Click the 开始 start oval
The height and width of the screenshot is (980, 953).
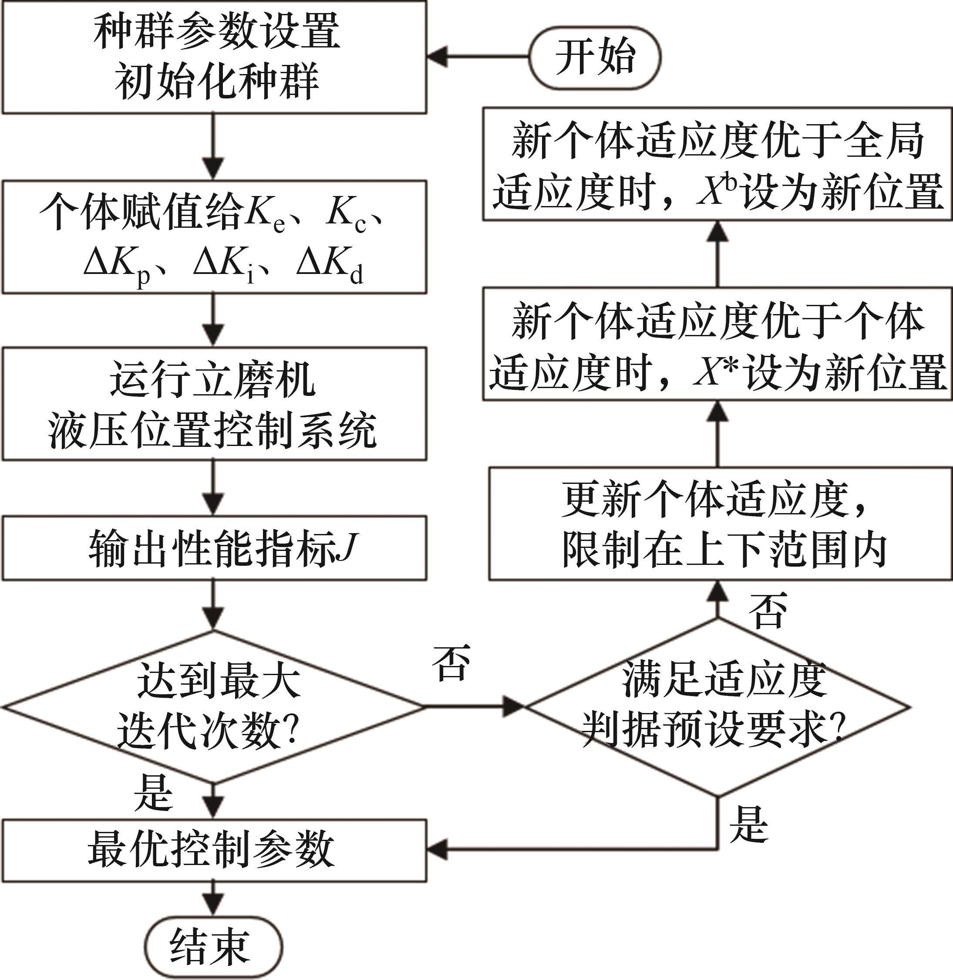(x=595, y=57)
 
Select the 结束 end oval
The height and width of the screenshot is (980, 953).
(x=214, y=948)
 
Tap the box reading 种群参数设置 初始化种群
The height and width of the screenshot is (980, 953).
(x=214, y=57)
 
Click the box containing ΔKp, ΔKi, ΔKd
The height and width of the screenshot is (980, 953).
(x=214, y=237)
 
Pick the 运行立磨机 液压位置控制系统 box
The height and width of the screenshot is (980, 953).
(x=214, y=404)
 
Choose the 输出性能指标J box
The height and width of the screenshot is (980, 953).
(x=214, y=548)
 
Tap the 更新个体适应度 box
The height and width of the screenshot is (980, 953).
(x=720, y=524)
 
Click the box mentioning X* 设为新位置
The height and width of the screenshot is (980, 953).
(x=717, y=344)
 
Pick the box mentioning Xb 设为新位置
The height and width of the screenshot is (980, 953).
(x=717, y=164)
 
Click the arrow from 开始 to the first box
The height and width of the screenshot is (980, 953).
(x=478, y=57)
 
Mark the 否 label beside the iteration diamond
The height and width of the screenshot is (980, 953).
(x=451, y=662)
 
